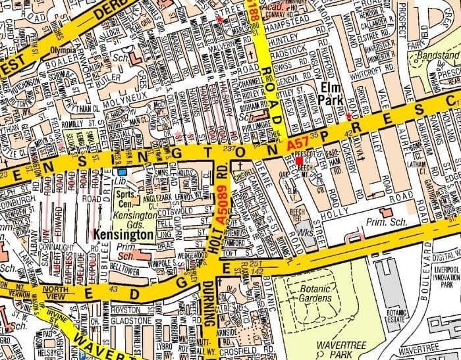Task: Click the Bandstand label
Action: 439,57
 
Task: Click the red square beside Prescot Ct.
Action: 299,160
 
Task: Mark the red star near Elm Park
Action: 348,116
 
